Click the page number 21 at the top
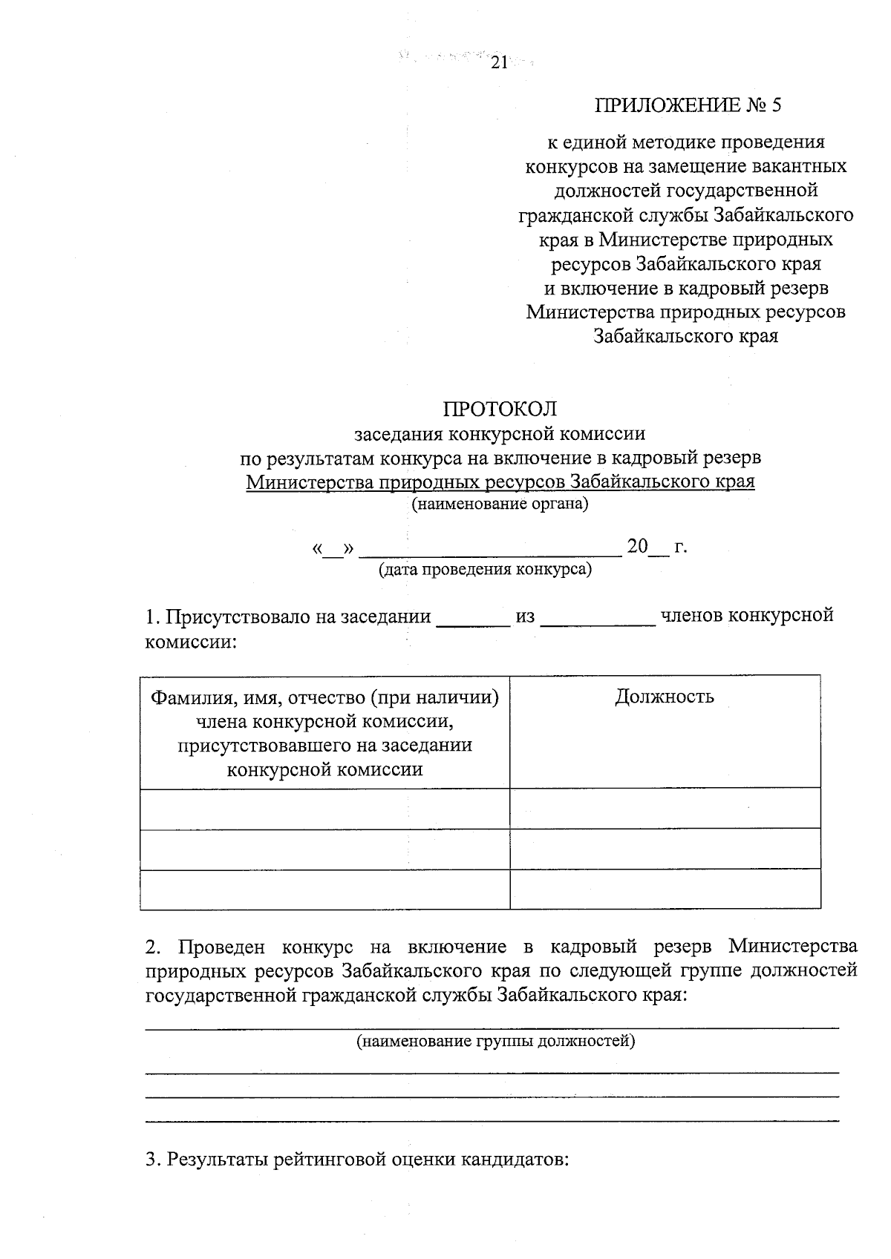click(x=498, y=64)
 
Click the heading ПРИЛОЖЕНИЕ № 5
click(x=688, y=105)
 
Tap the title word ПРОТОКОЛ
click(x=500, y=409)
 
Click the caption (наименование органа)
click(x=500, y=504)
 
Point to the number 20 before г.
click(x=637, y=547)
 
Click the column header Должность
click(x=665, y=696)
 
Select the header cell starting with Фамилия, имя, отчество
click(x=324, y=732)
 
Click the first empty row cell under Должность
click(x=665, y=808)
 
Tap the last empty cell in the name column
click(x=324, y=889)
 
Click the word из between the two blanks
click(x=525, y=617)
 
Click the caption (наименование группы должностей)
click(x=496, y=1041)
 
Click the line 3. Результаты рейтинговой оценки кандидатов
click(x=357, y=1159)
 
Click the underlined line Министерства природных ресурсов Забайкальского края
click(x=500, y=481)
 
